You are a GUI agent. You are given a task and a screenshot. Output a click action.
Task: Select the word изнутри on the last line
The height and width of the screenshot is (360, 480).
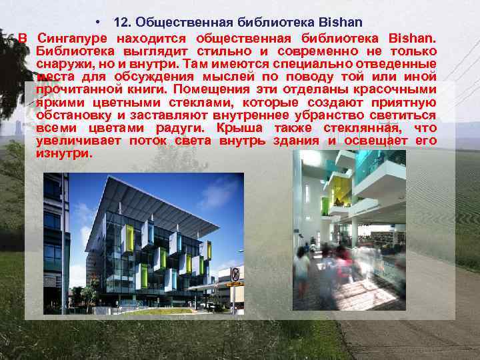64,153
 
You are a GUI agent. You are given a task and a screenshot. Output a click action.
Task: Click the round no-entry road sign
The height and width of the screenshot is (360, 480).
235,274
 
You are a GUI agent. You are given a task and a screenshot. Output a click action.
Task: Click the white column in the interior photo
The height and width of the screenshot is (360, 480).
354,233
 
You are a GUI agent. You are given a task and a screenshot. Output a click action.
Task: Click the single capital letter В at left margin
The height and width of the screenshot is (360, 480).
21,38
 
